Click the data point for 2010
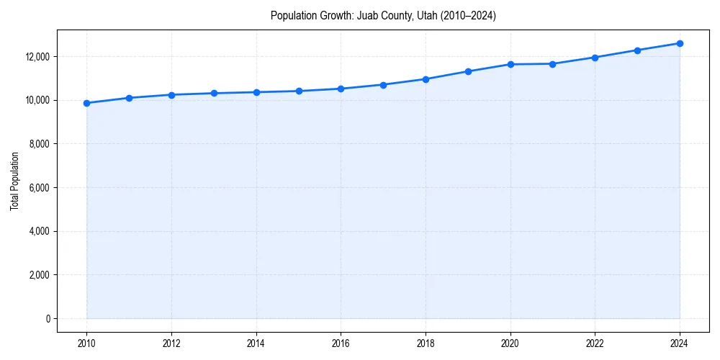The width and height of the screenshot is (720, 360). click(x=86, y=103)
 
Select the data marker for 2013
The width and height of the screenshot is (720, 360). click(x=214, y=93)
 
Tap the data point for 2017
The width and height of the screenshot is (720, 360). click(x=383, y=85)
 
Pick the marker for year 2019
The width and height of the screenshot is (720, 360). click(x=468, y=71)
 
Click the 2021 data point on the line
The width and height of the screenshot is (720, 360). click(x=552, y=64)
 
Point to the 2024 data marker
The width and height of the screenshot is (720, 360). click(x=680, y=43)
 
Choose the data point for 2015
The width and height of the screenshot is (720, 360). click(x=299, y=91)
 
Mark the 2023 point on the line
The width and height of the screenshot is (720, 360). click(x=637, y=50)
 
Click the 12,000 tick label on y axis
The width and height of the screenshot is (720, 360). click(x=36, y=57)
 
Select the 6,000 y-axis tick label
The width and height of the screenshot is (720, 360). click(x=38, y=188)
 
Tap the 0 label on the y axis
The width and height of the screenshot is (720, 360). click(x=47, y=319)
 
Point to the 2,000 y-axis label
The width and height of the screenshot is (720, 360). click(x=38, y=275)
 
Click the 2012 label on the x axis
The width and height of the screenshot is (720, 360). click(x=171, y=343)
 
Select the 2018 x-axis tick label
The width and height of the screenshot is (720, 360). click(x=426, y=343)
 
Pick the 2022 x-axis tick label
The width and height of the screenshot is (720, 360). click(x=595, y=343)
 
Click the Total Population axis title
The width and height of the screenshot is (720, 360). click(x=14, y=181)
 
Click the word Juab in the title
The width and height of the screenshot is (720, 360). click(x=366, y=15)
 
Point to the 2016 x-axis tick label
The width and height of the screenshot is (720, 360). click(x=341, y=343)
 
